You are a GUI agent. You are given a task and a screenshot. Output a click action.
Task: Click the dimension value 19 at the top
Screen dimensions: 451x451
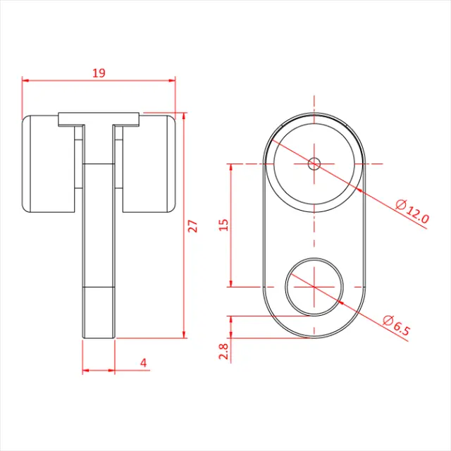point(99,72)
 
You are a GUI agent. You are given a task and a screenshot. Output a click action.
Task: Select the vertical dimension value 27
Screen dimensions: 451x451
point(193,225)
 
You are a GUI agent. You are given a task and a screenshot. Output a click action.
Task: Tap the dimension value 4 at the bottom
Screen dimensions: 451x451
point(144,363)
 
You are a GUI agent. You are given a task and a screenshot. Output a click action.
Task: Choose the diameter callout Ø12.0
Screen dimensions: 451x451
point(412,212)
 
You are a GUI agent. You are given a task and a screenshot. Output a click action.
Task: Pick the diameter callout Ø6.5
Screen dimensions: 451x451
point(397,328)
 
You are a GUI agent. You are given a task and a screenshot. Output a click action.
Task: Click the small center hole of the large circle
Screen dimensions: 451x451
point(314,163)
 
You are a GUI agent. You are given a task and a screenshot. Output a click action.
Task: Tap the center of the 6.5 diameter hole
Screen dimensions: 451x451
point(314,287)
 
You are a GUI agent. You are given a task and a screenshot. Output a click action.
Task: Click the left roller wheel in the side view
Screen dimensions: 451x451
point(49,163)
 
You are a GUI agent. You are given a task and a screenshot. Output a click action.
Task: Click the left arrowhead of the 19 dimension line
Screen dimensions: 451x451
point(25,80)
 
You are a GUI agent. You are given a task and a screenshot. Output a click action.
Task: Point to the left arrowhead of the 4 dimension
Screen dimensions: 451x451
point(86,370)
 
